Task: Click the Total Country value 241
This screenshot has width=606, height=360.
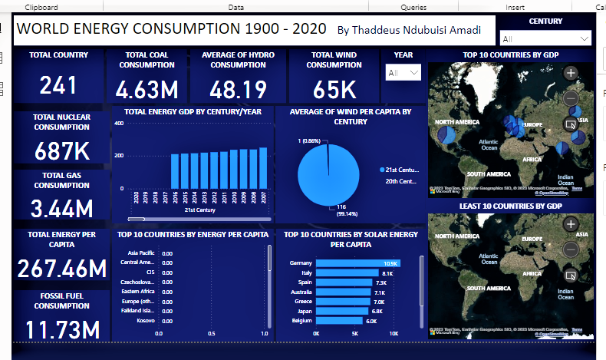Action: tap(58, 85)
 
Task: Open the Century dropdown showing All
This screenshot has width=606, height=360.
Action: tap(545, 38)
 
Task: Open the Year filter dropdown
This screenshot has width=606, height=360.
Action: tap(403, 73)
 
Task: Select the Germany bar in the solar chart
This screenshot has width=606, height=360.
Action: tap(357, 263)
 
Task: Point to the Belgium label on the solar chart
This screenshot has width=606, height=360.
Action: tap(301, 320)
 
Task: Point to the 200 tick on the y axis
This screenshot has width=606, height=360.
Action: tap(118, 155)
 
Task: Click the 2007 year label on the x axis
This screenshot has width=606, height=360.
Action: tap(264, 198)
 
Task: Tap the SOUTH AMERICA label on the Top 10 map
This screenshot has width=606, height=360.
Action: tap(488, 174)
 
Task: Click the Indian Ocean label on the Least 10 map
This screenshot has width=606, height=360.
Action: tap(565, 293)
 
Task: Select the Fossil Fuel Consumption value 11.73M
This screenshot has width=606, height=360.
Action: tap(63, 330)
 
